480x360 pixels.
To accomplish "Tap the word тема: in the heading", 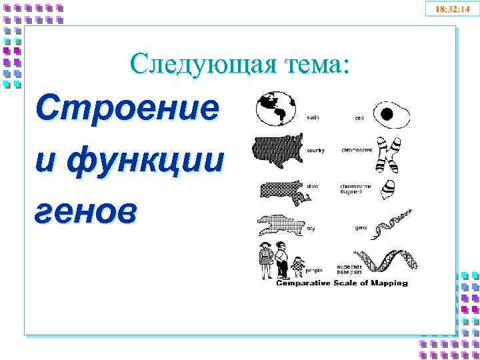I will pos(318,64).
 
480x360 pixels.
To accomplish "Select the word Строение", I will pos(127,109).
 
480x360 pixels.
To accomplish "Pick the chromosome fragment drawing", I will pos(386,190).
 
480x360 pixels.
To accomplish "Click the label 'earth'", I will pos(312,118).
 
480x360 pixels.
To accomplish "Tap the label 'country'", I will pos(315,151).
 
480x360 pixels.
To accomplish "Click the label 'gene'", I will pos(360,227).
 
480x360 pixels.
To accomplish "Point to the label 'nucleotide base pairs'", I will pos(350,269).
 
